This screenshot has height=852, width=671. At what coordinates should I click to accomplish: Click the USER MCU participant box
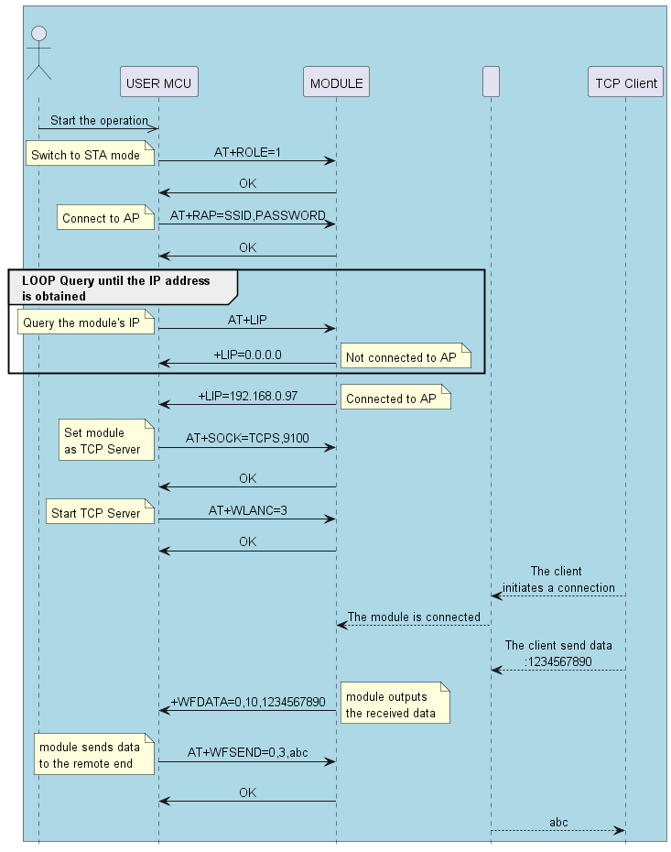coord(158,82)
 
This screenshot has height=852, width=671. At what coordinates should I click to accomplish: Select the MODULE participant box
coord(336,82)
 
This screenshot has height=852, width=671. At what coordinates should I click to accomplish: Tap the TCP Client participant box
coord(626,82)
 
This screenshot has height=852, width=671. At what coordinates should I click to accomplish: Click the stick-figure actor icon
coord(38,53)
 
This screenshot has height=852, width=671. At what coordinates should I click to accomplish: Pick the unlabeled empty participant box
coord(491,82)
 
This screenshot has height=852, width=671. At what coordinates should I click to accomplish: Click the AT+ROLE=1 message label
coord(247,153)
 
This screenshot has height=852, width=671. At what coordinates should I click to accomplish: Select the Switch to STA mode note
coord(86,155)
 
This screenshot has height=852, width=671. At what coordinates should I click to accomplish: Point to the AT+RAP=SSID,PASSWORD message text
coord(247,216)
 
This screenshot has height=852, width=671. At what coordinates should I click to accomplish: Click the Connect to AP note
coord(101,218)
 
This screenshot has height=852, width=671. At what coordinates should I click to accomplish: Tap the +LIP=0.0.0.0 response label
coord(247,355)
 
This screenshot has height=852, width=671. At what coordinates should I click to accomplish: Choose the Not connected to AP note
coord(406,357)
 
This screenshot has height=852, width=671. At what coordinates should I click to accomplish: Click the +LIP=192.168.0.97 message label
coord(247,397)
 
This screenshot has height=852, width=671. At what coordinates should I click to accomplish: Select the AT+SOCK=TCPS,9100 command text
coord(247,439)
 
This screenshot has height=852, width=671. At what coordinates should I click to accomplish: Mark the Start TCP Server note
coord(96,513)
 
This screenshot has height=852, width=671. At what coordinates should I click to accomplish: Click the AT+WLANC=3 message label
coord(247,510)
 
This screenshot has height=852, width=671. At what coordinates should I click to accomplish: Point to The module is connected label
coord(414,617)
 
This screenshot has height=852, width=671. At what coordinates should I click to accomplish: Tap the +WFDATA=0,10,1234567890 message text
coord(248,702)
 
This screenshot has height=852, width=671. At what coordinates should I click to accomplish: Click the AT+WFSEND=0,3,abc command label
coord(247,752)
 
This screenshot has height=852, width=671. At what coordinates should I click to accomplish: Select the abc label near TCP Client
coord(558,822)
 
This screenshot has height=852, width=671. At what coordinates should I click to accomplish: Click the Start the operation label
coord(99,120)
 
